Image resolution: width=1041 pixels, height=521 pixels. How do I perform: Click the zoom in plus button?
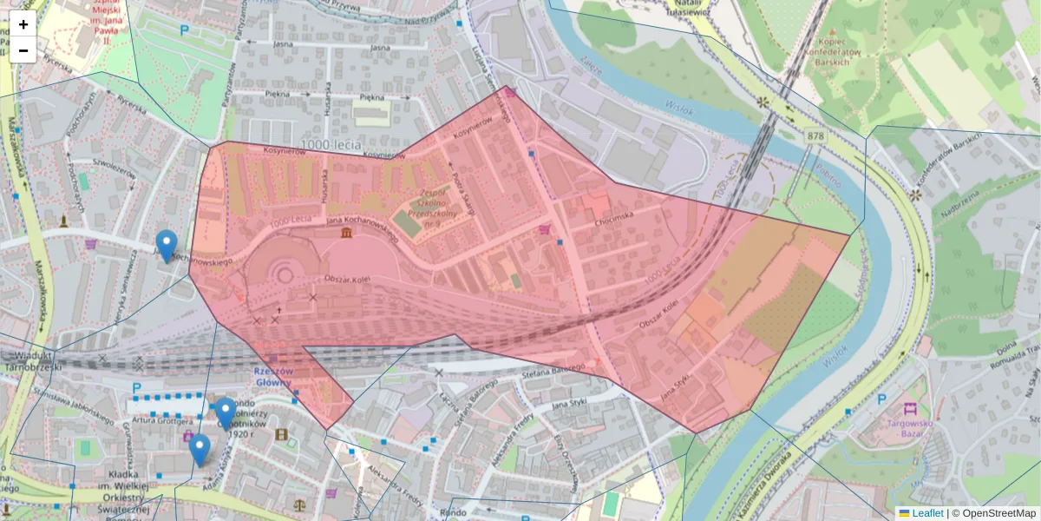(23, 24)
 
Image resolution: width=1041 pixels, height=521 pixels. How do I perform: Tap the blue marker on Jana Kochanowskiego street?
(167, 246)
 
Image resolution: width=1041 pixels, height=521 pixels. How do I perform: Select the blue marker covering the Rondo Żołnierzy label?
(226, 413)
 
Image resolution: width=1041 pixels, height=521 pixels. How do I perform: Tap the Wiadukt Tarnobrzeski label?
(29, 360)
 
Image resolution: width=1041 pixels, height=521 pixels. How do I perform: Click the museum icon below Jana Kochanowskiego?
(346, 235)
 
